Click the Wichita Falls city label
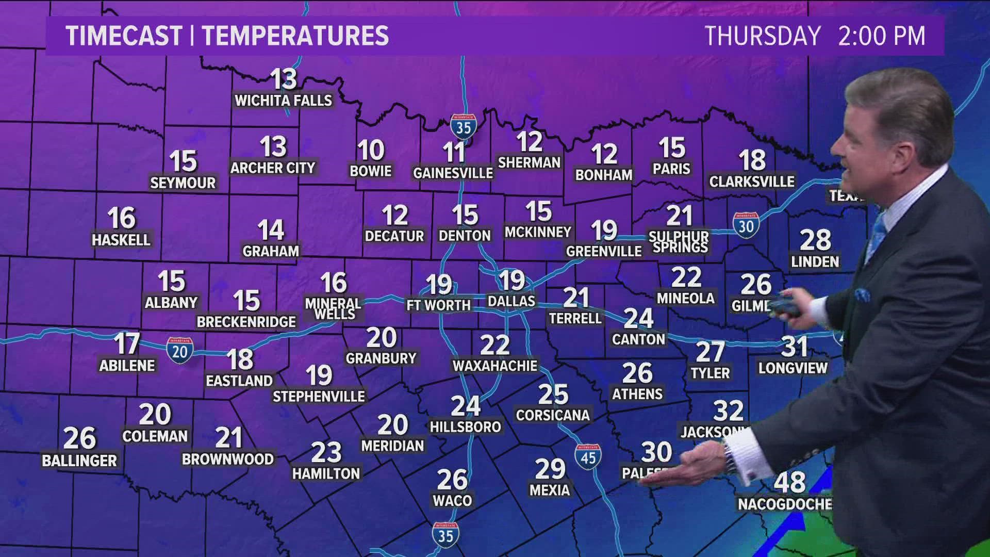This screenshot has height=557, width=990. [x=283, y=100]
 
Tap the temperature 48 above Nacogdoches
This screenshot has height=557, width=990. [x=789, y=483]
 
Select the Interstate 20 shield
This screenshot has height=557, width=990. [x=179, y=351]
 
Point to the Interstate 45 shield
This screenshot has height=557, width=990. [x=588, y=456]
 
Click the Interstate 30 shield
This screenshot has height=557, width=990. [x=746, y=225]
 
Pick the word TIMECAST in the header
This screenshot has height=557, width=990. [x=124, y=36]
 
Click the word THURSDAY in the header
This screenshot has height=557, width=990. [x=762, y=36]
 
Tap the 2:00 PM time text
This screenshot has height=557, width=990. [x=881, y=36]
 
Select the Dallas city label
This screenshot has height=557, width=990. [x=511, y=301]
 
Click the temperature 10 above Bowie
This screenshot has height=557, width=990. [x=371, y=151]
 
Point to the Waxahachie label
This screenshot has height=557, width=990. [x=494, y=366]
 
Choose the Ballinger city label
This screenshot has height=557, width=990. [x=79, y=461]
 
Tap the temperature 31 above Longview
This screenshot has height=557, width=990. [x=794, y=347]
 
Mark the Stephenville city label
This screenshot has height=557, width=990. [x=319, y=396]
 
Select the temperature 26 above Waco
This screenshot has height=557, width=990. [x=452, y=480]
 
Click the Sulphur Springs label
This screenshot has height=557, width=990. [x=679, y=241]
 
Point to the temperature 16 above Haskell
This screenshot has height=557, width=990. [x=122, y=218]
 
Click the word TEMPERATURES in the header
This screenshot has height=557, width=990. [x=295, y=36]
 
